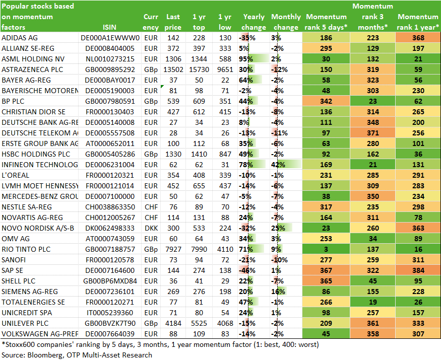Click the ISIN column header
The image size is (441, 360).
pos(109,27)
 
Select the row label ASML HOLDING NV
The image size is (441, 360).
pos(33,59)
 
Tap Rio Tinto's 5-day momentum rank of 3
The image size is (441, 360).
pos(326,249)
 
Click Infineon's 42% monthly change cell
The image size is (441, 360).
pos(286,165)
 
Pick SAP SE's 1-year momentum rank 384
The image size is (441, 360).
pos(418,270)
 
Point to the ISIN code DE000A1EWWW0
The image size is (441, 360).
pos(110,38)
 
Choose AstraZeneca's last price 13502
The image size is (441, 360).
pos(173,69)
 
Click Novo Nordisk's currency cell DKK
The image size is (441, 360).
pos(151,228)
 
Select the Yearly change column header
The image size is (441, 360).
pos(254,22)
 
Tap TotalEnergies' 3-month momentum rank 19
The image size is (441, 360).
pos(372,302)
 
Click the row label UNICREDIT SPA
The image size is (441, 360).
pos(27,313)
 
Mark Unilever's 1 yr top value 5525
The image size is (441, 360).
pos(199,323)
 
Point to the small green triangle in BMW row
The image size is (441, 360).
pos(162,86)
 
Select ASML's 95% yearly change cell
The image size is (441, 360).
pos(254,59)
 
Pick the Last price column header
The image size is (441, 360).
pos(173,22)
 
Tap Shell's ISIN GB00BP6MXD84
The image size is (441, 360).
pos(110,281)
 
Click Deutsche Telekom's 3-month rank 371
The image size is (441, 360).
pos(372,133)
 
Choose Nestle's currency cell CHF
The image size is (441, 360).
pos(151,207)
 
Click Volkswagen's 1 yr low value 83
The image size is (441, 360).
pos(225,334)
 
